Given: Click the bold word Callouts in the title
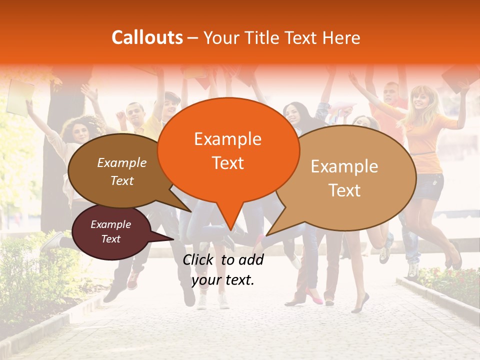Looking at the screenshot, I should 147,37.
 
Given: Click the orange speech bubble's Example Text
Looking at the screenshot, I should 227,150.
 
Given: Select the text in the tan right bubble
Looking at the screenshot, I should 344,178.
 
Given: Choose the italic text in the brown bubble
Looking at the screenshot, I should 122,171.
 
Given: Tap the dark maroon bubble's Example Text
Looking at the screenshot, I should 111,231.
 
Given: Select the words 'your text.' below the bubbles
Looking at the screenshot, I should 223,280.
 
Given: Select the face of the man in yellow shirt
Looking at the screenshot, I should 135,114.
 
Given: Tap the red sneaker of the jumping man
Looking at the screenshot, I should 132,281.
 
